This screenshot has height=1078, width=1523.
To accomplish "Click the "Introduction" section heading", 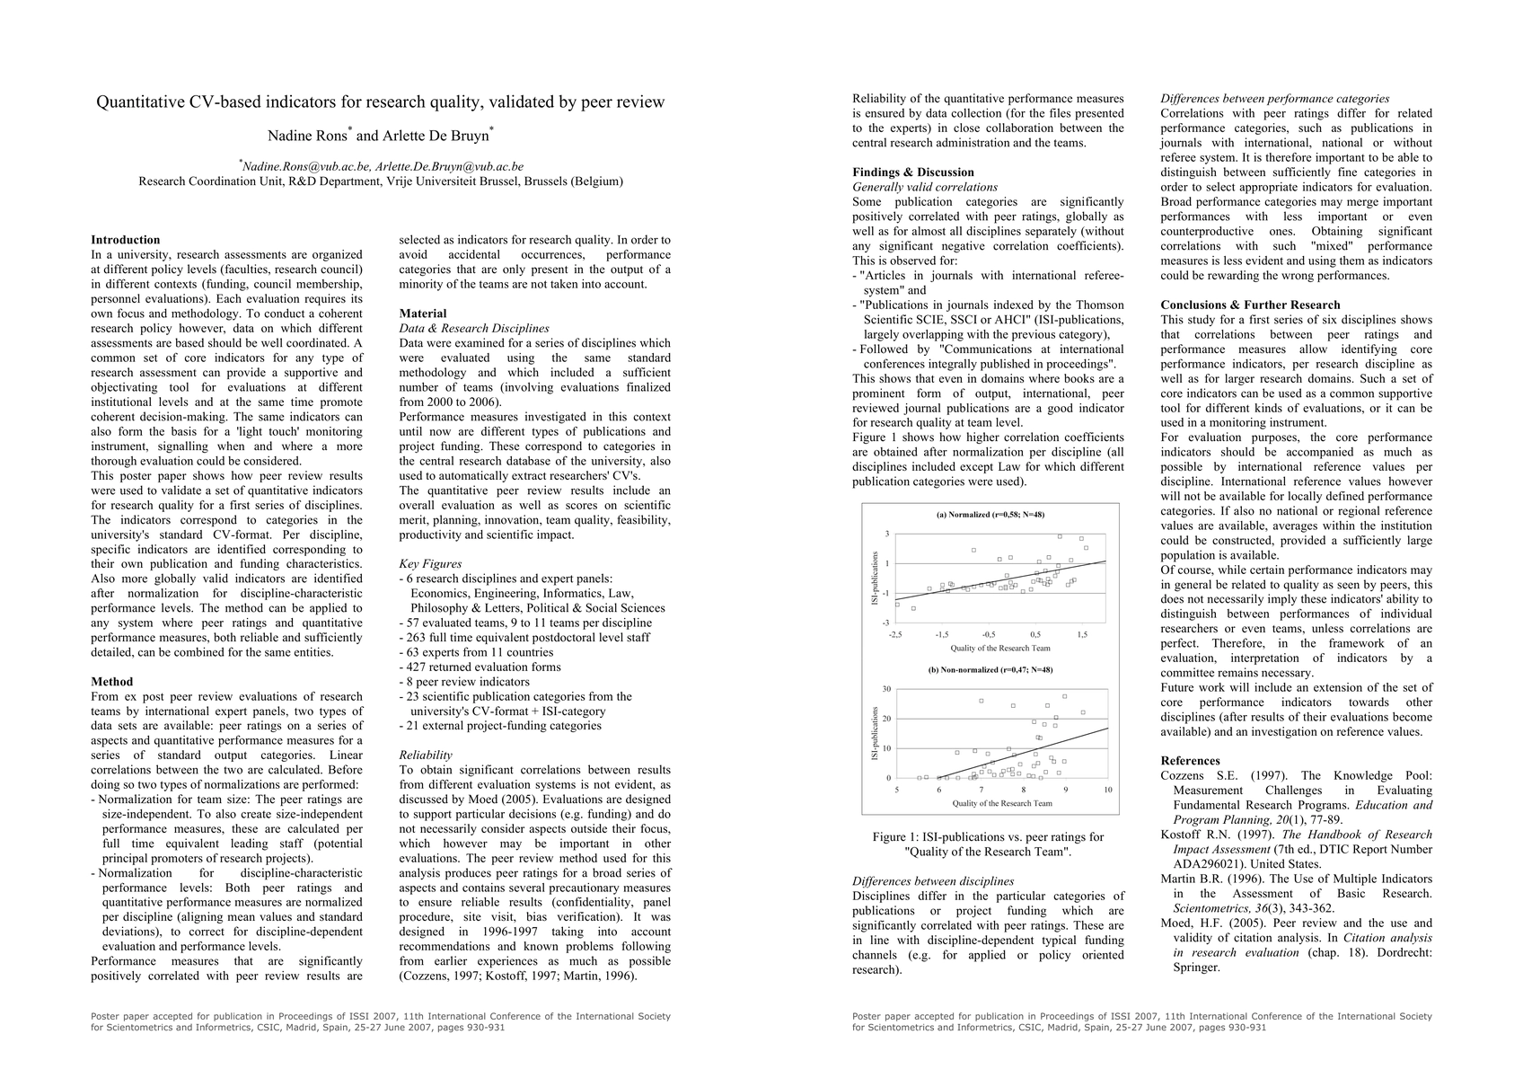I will [x=126, y=240].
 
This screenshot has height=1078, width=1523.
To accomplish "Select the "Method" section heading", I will [x=112, y=682].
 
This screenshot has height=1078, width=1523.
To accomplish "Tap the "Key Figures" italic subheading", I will [x=431, y=564].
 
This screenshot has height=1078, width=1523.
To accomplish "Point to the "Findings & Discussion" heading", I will [x=912, y=172].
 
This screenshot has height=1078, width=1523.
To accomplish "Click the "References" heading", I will [x=1191, y=761].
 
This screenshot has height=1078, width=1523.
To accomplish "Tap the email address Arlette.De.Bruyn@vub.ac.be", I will [x=449, y=166].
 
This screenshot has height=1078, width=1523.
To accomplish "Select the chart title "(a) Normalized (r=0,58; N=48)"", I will [x=990, y=515].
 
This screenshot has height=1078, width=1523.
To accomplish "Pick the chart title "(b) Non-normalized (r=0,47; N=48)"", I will [x=990, y=670].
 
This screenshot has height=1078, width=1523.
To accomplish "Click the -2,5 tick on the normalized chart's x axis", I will [x=895, y=634].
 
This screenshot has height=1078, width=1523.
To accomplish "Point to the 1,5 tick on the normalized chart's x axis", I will [x=1082, y=634].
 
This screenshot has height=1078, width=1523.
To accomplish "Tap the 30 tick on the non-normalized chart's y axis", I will [x=886, y=689].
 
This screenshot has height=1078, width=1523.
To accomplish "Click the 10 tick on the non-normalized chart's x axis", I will [x=1108, y=790].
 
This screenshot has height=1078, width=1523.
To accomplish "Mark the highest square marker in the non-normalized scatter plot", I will [x=1065, y=696].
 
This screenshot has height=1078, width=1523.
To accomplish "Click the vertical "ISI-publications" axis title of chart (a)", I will [x=876, y=578].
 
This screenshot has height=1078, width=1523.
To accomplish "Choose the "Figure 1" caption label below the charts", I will [x=899, y=837].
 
